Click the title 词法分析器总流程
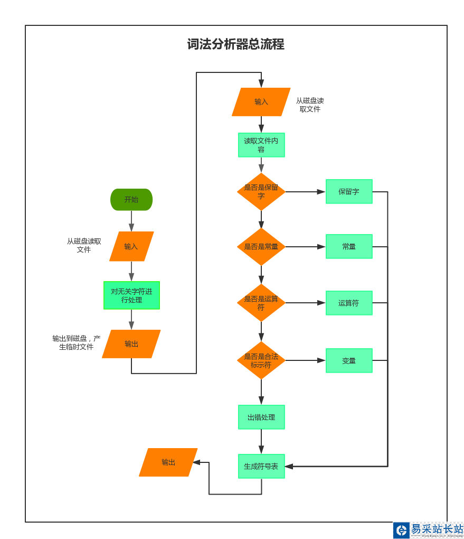(x=235, y=44)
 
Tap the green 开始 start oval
(x=131, y=200)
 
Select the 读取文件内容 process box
(x=261, y=145)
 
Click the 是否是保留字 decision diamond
(x=261, y=191)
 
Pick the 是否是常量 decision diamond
(x=261, y=246)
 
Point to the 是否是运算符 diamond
(x=261, y=303)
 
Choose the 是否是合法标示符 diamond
(x=261, y=360)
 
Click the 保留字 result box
(x=349, y=191)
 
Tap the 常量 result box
(x=349, y=246)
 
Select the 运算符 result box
(x=349, y=303)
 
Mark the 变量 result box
(x=349, y=360)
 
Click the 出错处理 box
(x=261, y=417)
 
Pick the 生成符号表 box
(x=261, y=466)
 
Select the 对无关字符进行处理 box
(x=131, y=295)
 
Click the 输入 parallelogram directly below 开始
(x=131, y=246)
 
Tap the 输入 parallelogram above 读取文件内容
(x=261, y=101)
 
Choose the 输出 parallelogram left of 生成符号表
(x=168, y=462)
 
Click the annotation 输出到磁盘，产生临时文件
(x=76, y=342)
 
